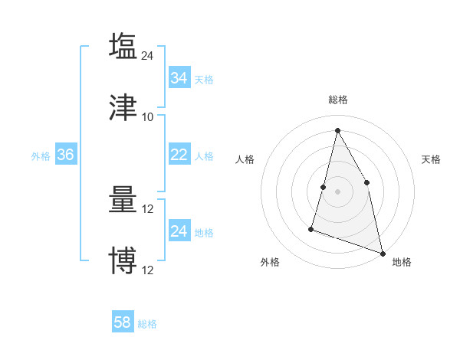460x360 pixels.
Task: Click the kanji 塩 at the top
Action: (x=123, y=46)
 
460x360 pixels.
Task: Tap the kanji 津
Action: (x=123, y=108)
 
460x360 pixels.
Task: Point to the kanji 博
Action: (x=123, y=260)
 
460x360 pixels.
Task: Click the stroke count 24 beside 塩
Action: (x=148, y=55)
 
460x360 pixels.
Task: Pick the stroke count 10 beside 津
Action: (x=148, y=117)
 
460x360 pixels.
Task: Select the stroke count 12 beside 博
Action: (x=148, y=270)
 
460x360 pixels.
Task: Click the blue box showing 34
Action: (x=179, y=78)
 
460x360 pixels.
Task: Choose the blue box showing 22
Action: (x=179, y=155)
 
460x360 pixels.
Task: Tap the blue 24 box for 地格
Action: (x=179, y=231)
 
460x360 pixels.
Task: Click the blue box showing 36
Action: (x=65, y=155)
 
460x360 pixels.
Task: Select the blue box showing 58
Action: (x=122, y=322)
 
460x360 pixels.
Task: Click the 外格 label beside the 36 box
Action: (x=41, y=155)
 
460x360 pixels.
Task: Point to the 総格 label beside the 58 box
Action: (x=147, y=324)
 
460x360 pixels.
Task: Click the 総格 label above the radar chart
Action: (x=337, y=100)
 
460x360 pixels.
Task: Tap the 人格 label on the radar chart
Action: (x=245, y=159)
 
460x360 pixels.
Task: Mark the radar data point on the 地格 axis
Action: (x=382, y=252)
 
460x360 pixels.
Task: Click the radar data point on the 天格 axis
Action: (x=367, y=182)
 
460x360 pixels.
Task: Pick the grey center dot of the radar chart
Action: (x=337, y=191)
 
